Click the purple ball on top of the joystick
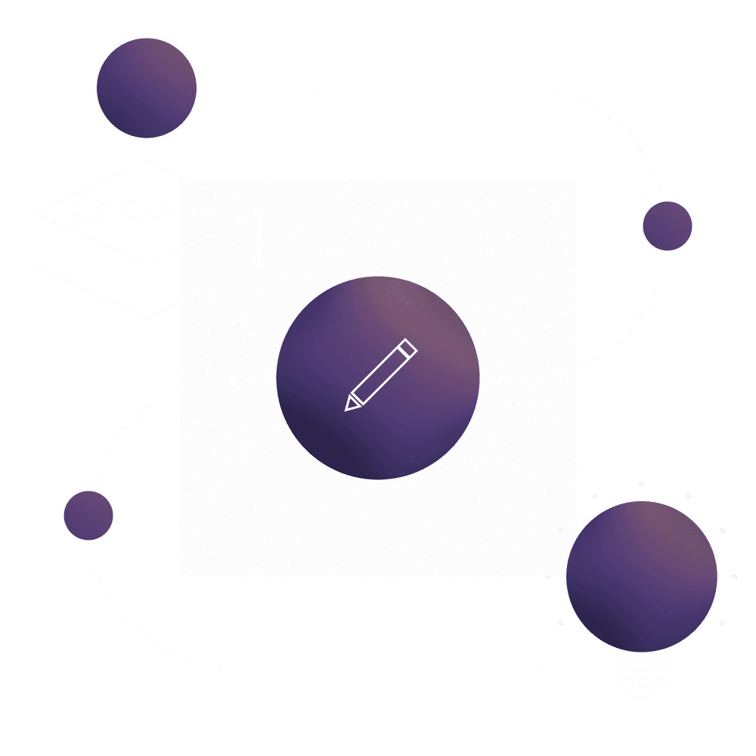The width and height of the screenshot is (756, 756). pyautogui.click(x=147, y=88)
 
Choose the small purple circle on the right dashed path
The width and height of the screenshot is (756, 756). pyautogui.click(x=667, y=225)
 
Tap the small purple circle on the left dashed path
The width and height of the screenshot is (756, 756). pyautogui.click(x=88, y=516)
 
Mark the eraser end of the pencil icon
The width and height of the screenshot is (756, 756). pyautogui.click(x=408, y=347)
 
